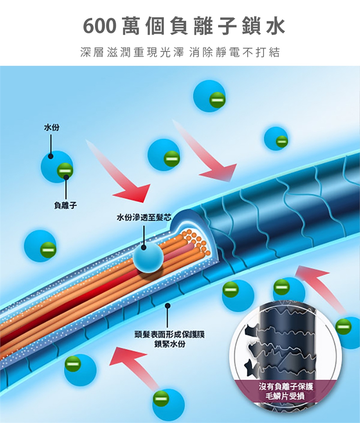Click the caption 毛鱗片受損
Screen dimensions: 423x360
pyautogui.click(x=285, y=396)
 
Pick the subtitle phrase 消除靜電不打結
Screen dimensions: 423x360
pyautogui.click(x=235, y=53)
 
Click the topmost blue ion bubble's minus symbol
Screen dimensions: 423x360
pyautogui.click(x=216, y=100)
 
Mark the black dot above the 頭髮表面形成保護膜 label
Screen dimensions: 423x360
pyautogui.click(x=167, y=306)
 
